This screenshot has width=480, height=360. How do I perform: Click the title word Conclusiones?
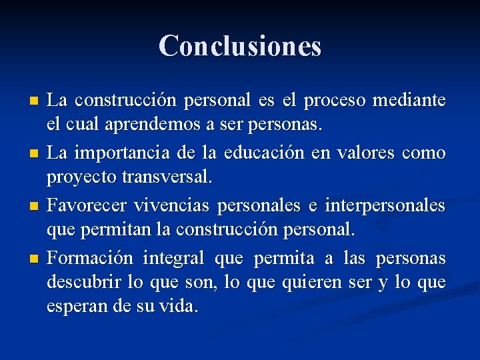pyautogui.click(x=240, y=46)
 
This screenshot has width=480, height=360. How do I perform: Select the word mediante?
pyautogui.click(x=409, y=101)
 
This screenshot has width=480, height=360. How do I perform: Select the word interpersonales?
pyautogui.click(x=385, y=206)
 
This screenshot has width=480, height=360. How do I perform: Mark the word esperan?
pyautogui.click(x=72, y=307)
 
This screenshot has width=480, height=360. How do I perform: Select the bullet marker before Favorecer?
pyautogui.click(x=35, y=207)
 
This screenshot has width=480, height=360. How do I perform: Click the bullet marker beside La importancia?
pyautogui.click(x=35, y=154)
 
